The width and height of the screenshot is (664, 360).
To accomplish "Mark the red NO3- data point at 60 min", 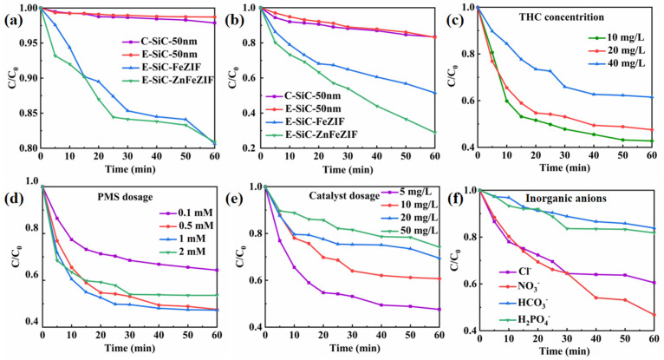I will [x=654, y=314].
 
